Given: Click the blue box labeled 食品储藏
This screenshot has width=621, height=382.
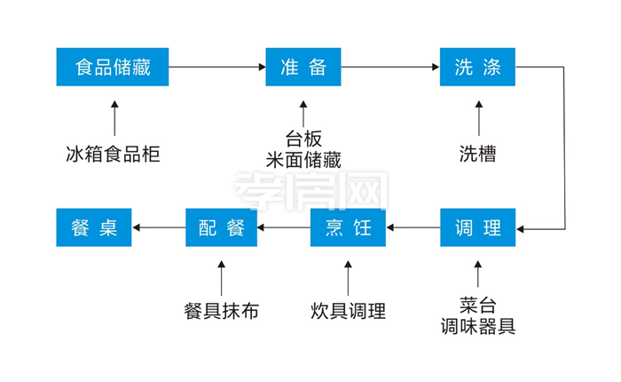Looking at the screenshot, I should (x=112, y=68).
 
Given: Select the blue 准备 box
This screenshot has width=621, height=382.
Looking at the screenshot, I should (x=303, y=68).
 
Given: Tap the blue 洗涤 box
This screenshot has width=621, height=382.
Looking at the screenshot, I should (x=477, y=68).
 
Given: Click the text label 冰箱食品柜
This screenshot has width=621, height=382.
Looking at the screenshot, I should (x=114, y=153).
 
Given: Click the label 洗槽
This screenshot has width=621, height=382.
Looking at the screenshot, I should (x=477, y=153).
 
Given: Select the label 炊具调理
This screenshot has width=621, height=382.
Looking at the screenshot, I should (x=348, y=311).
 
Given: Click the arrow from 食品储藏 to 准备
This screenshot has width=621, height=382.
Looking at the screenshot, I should (x=217, y=68).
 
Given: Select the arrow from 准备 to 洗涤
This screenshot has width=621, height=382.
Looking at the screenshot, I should (x=390, y=68).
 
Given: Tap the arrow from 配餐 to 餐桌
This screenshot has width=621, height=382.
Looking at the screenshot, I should (x=158, y=228).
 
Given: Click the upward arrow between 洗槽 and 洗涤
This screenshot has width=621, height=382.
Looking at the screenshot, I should (x=478, y=116).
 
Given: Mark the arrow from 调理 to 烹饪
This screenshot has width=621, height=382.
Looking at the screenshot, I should (x=413, y=228).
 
